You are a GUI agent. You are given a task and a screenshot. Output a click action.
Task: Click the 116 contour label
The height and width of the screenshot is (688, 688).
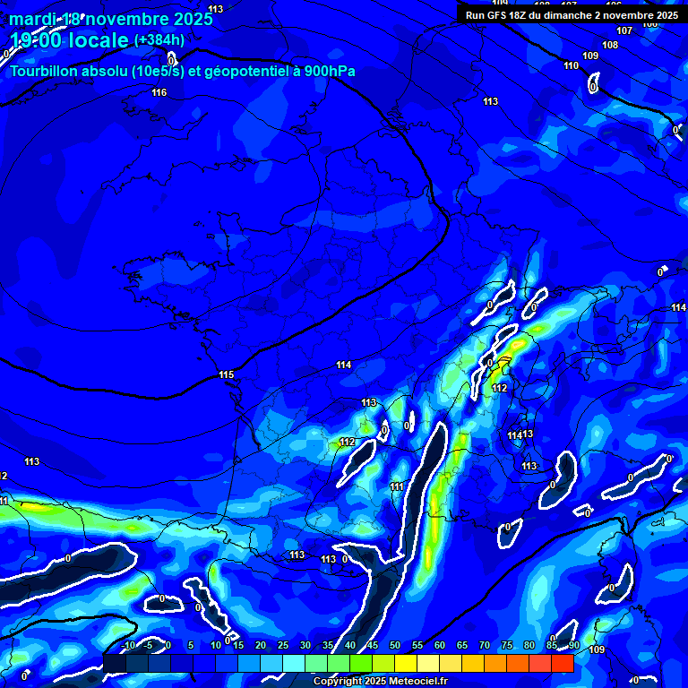pos(159,92)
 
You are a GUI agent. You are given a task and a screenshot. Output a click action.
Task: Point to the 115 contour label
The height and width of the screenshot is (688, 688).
pos(226,374)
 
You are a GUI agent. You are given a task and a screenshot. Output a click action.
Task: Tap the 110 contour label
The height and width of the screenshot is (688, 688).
pos(571,65)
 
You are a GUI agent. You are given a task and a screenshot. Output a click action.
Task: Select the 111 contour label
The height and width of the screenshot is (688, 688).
pos(397,486)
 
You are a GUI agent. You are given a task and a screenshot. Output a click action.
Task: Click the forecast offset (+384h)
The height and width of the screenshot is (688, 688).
pos(159,40)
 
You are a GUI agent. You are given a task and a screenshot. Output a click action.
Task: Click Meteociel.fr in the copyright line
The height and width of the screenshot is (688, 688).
pos(417,682)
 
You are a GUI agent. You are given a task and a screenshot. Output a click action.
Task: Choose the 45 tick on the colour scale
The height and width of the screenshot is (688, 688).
pos(373,645)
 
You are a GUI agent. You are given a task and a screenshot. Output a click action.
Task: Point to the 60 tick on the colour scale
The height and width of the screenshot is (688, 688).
pos(440,645)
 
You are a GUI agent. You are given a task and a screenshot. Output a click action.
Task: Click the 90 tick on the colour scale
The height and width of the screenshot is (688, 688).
pos(573,645)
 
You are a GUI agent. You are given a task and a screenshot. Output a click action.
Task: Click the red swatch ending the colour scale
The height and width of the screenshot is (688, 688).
pos(562,663)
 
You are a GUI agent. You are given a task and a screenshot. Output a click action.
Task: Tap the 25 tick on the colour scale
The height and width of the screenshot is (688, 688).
pos(283,645)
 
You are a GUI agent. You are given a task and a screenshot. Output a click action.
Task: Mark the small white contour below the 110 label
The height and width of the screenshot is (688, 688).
pos(593,84)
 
